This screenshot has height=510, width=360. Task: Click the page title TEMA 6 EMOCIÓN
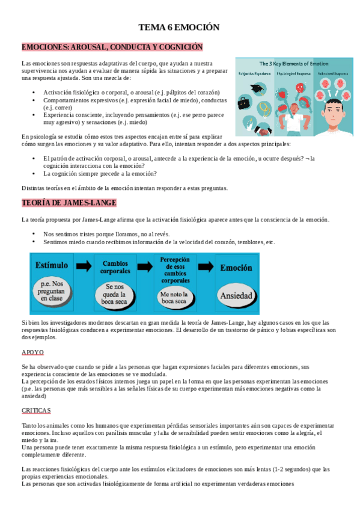[179, 27]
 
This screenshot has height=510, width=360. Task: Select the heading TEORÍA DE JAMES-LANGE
[69, 203]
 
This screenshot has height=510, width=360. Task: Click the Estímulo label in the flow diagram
[52, 265]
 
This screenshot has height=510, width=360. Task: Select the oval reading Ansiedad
[236, 296]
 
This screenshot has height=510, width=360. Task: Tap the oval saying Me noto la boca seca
[175, 295]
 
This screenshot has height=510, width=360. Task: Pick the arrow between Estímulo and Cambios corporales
[84, 266]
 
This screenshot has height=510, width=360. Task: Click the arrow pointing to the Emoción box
[206, 266]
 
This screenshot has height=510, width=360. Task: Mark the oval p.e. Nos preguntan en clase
[53, 291]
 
